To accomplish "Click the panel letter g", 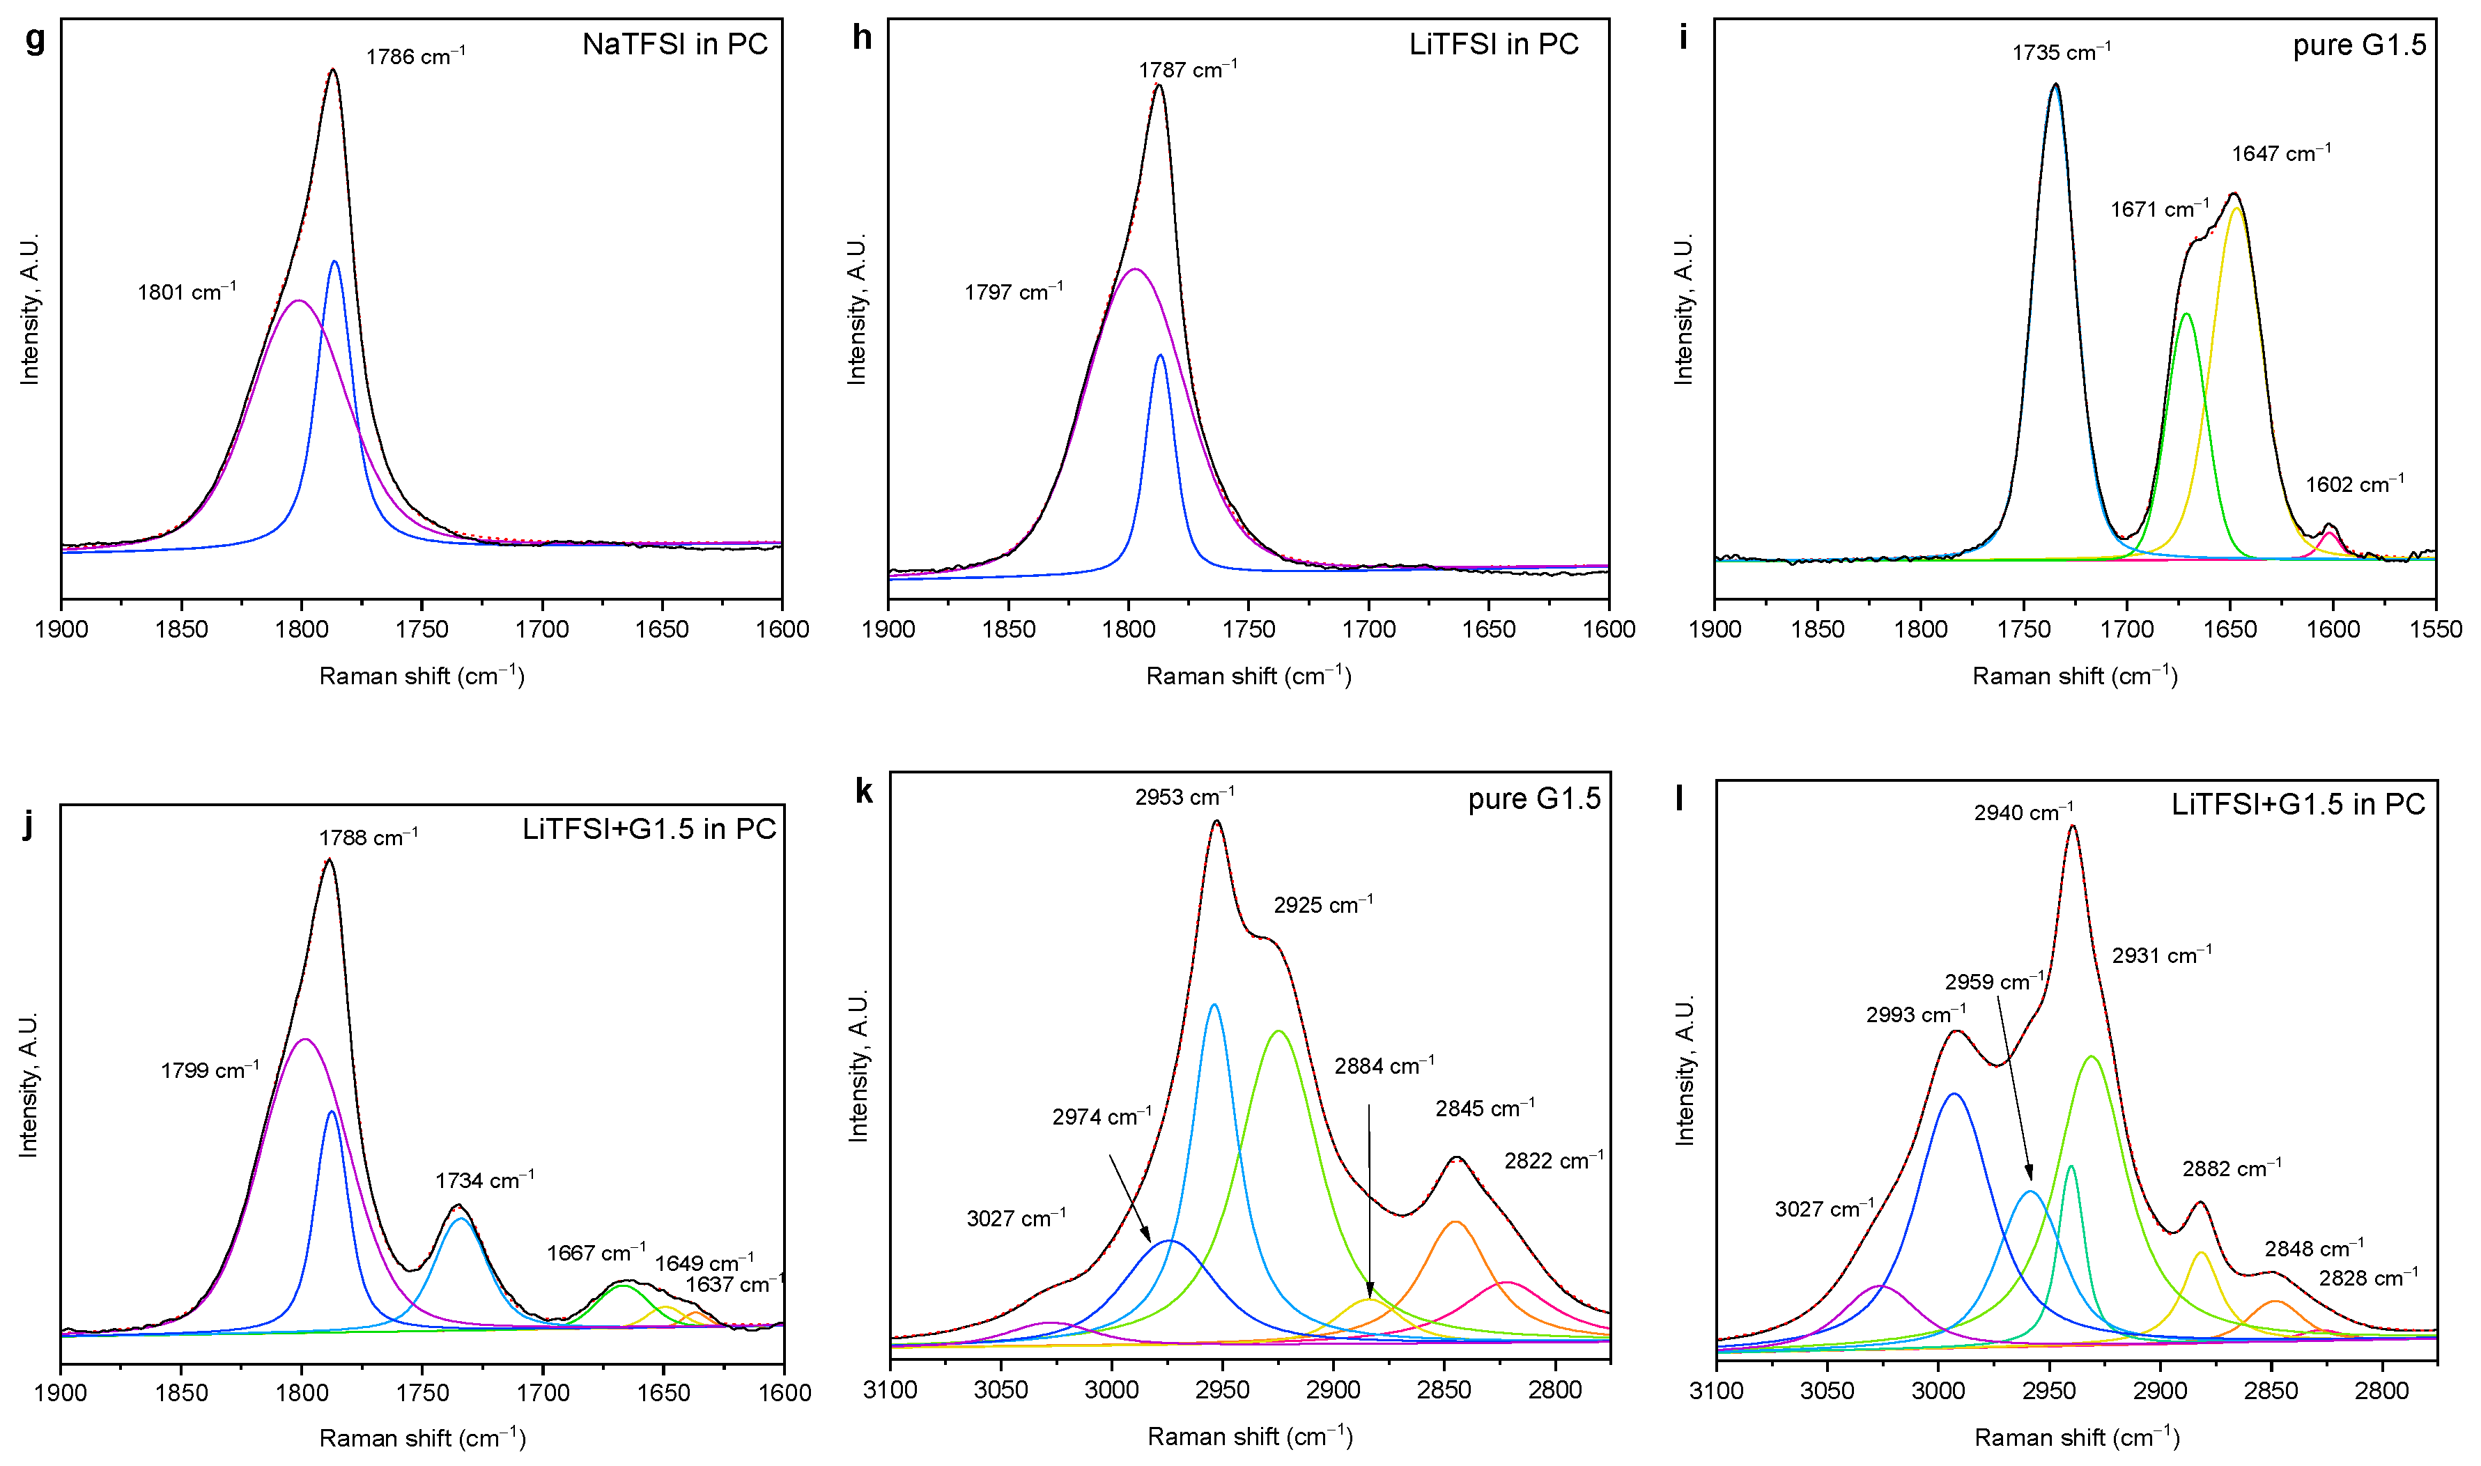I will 36,40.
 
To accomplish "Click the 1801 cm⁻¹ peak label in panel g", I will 187,293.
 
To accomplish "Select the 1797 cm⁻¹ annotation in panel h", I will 1013,293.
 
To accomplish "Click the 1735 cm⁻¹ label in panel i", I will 2062,52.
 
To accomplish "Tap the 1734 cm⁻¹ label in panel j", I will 484,1180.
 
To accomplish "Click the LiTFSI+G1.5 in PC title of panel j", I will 649,829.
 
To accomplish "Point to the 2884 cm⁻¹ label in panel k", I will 1384,1067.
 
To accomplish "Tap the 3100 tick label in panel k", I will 890,1391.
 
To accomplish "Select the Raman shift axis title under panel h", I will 1249,677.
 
